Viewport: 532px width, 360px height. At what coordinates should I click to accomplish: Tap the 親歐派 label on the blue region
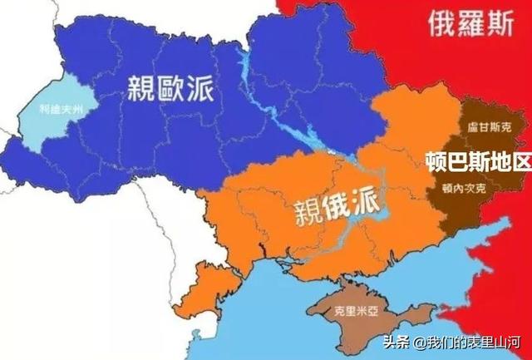170,86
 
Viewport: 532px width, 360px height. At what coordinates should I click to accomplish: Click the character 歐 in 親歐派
170,86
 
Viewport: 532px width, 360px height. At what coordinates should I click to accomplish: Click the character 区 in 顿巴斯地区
520,160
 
